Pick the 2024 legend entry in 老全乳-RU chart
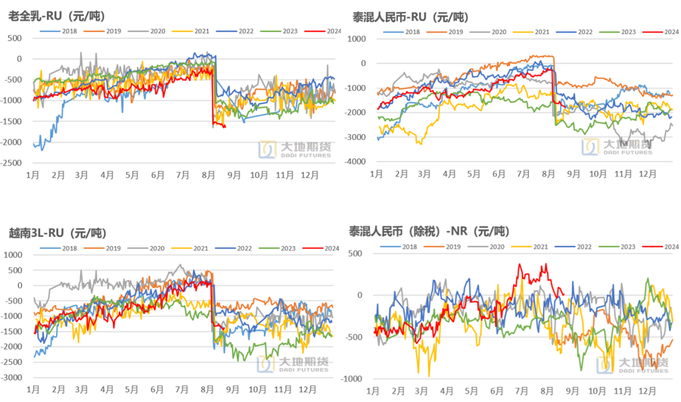[322, 30]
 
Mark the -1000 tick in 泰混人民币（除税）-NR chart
[353, 379]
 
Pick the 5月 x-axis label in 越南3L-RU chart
[132, 389]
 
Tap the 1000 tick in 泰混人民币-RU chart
[359, 38]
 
